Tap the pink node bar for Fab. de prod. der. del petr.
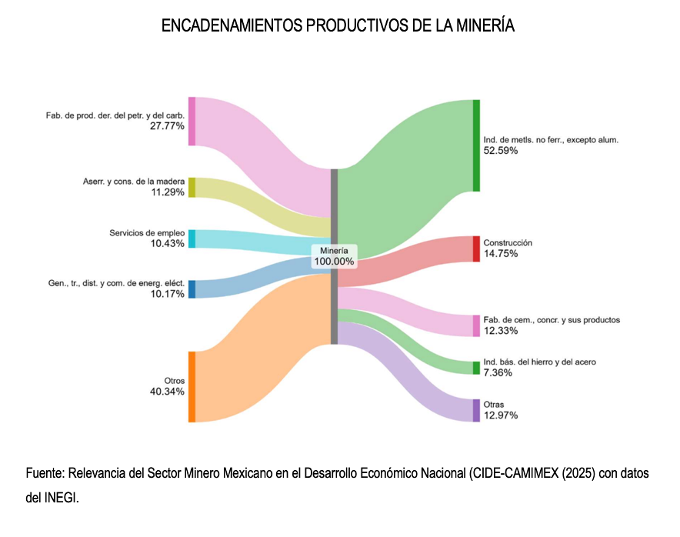[x=192, y=122]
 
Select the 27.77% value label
[x=168, y=126]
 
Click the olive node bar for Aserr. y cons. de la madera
[x=192, y=187]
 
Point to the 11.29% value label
[x=168, y=192]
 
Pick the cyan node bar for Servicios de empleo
[x=192, y=238]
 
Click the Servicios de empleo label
[x=147, y=232]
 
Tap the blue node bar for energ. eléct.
[x=192, y=289]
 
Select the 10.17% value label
[x=168, y=294]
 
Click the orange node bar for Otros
[x=192, y=387]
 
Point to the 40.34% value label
[x=167, y=392]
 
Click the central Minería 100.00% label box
[x=334, y=256]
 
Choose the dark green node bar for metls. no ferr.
[x=476, y=145]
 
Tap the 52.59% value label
[x=501, y=151]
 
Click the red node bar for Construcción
[x=476, y=249]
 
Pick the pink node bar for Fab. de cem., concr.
[x=476, y=326]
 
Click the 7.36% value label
[x=498, y=373]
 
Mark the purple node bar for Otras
[x=476, y=411]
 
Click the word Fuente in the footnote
[x=45, y=473]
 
